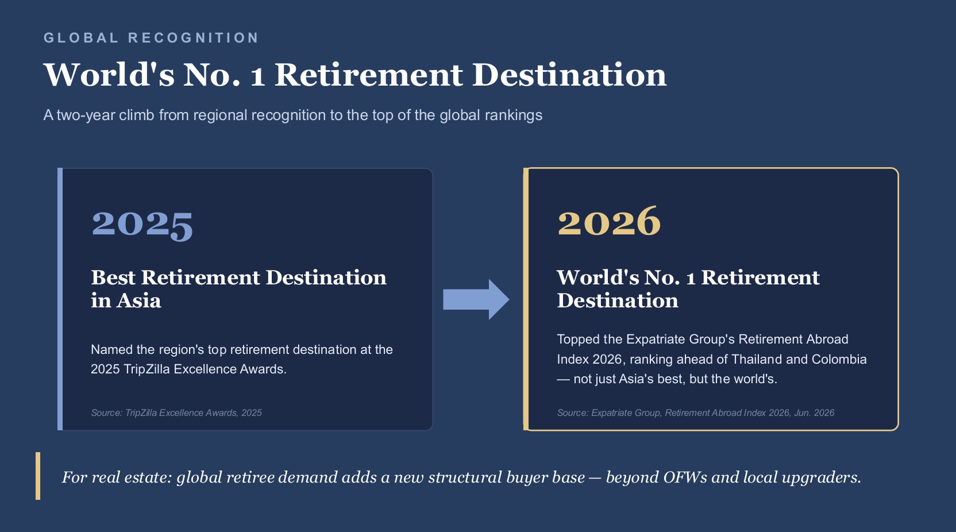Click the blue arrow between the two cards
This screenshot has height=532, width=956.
476,299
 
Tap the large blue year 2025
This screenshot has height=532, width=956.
142,225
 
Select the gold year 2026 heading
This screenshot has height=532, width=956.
609,221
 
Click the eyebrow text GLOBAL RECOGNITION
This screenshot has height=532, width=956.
152,38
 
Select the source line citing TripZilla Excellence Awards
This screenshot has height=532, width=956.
176,413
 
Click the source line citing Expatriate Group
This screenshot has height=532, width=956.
696,413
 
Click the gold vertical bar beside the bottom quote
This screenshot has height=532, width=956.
38,476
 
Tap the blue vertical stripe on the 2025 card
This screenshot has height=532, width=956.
60,299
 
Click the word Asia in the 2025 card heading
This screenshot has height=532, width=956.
138,300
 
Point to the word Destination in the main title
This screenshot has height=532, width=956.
569,75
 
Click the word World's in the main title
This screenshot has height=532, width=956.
109,75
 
